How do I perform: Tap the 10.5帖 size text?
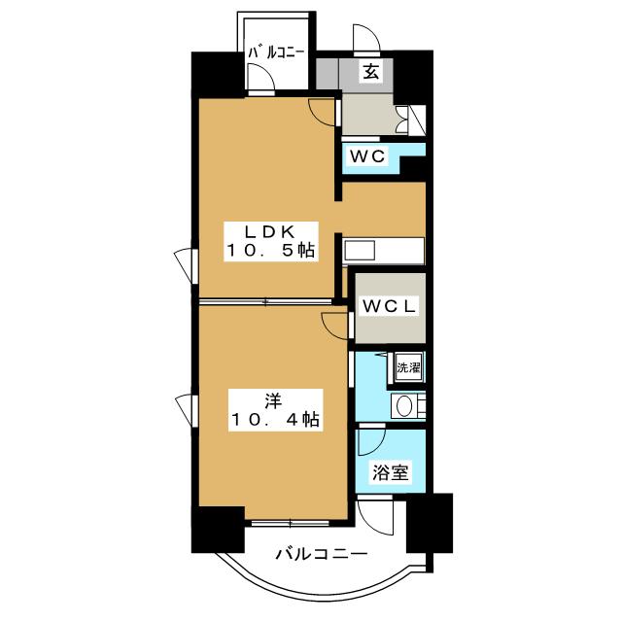tap(271, 250)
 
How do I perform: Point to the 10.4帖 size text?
tap(273, 420)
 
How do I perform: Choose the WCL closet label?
tap(389, 305)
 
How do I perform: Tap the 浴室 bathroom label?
tap(391, 473)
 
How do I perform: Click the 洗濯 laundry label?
tap(407, 368)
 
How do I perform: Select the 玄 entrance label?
tap(372, 70)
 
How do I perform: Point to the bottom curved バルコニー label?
tap(321, 555)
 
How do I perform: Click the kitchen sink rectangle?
tap(359, 249)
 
